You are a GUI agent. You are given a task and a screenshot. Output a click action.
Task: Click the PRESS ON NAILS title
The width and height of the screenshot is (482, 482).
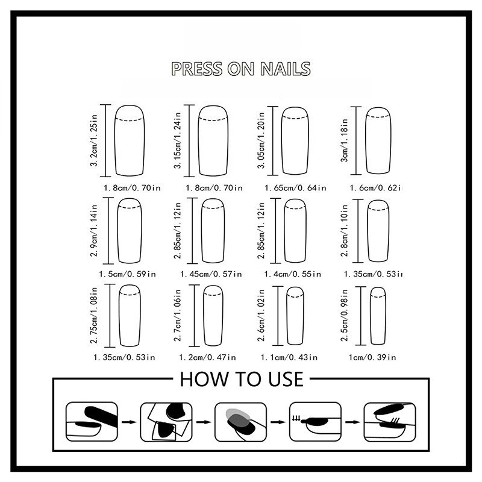(x=241, y=69)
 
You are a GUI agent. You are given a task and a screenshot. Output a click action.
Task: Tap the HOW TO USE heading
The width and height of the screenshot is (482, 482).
(x=242, y=379)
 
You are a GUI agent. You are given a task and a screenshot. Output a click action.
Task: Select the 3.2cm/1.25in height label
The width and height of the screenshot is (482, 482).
(x=94, y=140)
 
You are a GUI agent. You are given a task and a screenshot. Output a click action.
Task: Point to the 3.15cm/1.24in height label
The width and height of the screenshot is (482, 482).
(x=178, y=140)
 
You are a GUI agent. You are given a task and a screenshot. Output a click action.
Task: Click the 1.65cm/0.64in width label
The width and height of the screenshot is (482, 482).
(x=295, y=187)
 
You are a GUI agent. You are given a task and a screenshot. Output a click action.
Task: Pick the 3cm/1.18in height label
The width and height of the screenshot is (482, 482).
(x=345, y=140)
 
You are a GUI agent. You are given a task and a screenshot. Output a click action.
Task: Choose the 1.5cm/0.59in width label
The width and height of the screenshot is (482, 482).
(x=127, y=274)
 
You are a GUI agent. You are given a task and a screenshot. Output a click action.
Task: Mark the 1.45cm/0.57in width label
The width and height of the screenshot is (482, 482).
(x=211, y=274)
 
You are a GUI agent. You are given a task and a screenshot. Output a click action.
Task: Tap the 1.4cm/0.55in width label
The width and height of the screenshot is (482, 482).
(x=293, y=274)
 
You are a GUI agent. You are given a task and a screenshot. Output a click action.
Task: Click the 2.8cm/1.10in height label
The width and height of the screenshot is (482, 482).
(x=345, y=231)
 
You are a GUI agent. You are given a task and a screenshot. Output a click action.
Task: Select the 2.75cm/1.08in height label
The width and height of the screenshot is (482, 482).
(x=94, y=315)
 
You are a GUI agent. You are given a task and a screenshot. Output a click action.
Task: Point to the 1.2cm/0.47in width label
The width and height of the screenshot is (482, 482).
(x=207, y=357)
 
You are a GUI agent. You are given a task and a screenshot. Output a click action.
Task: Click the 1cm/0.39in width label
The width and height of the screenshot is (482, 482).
(x=372, y=357)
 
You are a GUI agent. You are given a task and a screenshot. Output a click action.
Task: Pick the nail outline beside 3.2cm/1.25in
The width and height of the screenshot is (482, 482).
(x=114, y=141)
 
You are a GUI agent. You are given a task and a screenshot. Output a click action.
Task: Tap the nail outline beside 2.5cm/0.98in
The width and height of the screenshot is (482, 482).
(x=371, y=316)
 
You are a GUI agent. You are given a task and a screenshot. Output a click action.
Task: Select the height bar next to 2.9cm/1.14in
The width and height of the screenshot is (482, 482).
(x=108, y=231)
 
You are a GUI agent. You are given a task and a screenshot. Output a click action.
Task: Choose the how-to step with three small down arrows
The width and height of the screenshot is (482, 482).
(x=315, y=422)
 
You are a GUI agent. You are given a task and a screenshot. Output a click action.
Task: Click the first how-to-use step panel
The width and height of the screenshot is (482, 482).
(x=92, y=422)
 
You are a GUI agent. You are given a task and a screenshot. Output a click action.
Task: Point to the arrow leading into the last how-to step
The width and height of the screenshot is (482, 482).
(x=352, y=422)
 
